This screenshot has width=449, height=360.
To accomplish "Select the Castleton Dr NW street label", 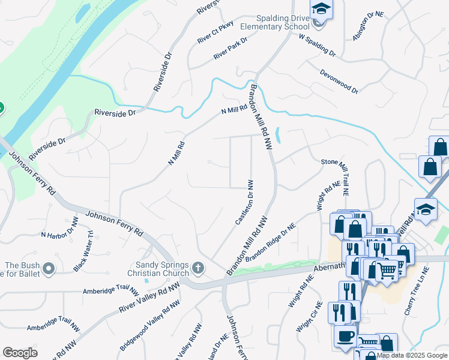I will [243, 203].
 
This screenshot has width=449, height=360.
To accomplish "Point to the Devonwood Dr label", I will [339, 81].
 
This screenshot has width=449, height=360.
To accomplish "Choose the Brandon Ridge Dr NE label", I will [271, 242].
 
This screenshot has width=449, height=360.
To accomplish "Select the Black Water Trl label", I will [83, 252].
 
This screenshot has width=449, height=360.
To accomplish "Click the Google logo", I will [20, 353].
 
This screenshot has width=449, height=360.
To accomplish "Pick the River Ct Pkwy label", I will [214, 33].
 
